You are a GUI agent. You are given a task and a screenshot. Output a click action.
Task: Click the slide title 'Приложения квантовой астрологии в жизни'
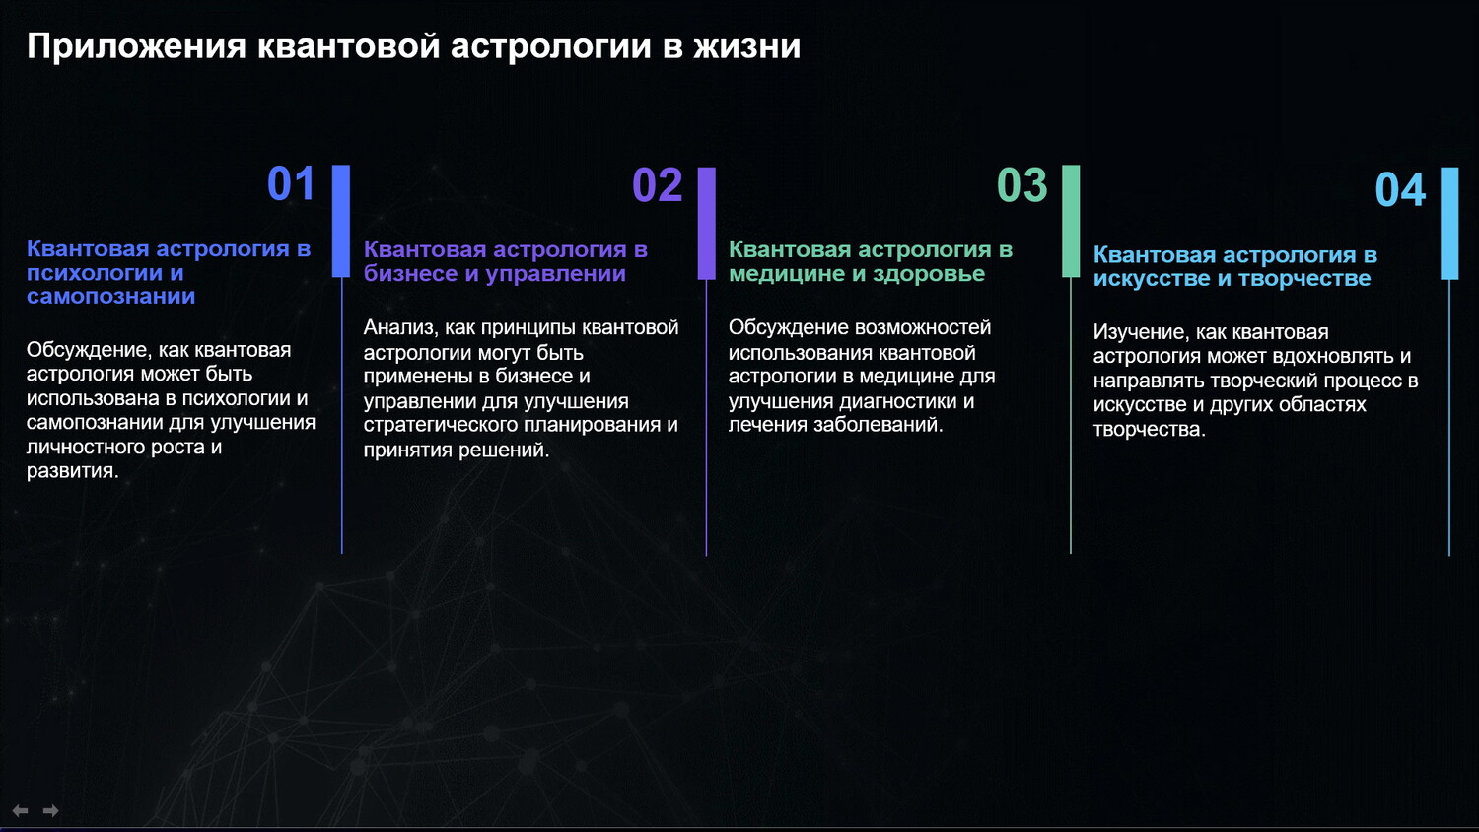(x=413, y=47)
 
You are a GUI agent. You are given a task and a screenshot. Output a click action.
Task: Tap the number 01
(x=291, y=183)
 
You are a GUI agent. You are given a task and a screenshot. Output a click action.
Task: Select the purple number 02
(x=657, y=185)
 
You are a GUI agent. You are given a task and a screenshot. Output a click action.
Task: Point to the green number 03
(x=1022, y=185)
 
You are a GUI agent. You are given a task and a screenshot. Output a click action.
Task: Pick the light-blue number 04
(x=1400, y=190)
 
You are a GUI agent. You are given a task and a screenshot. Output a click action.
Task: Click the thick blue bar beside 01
(x=341, y=221)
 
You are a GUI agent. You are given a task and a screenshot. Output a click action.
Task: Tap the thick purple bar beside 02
(x=707, y=223)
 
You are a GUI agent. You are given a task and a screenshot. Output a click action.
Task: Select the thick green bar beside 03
(x=1071, y=221)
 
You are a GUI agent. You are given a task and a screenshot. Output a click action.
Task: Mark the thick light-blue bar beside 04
(x=1449, y=223)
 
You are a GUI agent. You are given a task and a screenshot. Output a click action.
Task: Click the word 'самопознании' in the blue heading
(x=110, y=297)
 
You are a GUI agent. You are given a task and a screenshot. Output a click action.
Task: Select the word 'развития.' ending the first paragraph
(x=73, y=471)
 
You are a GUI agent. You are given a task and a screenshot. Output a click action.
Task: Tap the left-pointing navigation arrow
(x=21, y=811)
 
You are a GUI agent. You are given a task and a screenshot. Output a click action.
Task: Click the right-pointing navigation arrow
(x=51, y=811)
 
